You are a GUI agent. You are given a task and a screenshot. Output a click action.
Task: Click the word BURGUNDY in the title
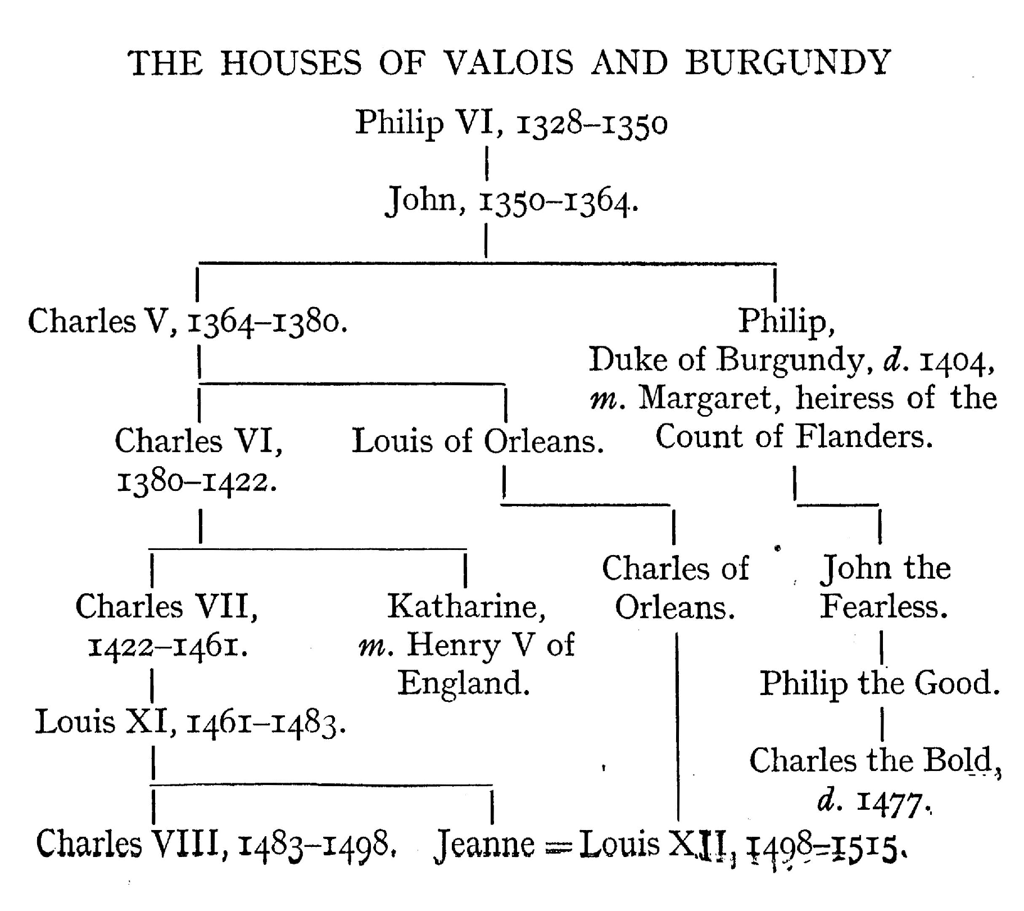[788, 62]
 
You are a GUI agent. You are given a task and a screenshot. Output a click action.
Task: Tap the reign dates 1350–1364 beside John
[558, 201]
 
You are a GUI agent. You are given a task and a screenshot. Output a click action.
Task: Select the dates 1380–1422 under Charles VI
[197, 481]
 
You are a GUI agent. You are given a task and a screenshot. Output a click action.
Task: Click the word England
[464, 684]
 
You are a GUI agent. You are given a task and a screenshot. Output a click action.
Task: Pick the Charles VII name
[167, 606]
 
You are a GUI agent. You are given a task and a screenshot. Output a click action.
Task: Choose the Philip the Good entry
[880, 684]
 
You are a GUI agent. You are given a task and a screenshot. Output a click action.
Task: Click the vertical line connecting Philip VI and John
[487, 163]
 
